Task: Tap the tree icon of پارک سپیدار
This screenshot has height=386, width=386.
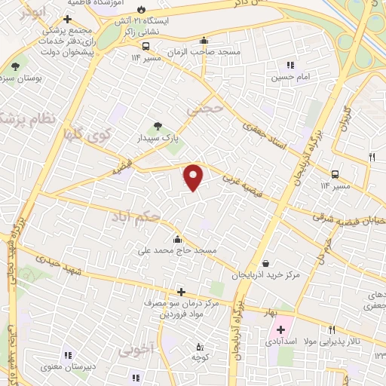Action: click(158, 127)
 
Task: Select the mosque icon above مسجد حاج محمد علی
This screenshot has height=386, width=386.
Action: click(178, 240)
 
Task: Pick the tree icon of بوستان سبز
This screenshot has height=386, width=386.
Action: click(16, 67)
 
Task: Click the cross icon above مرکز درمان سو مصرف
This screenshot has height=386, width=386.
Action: click(180, 292)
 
